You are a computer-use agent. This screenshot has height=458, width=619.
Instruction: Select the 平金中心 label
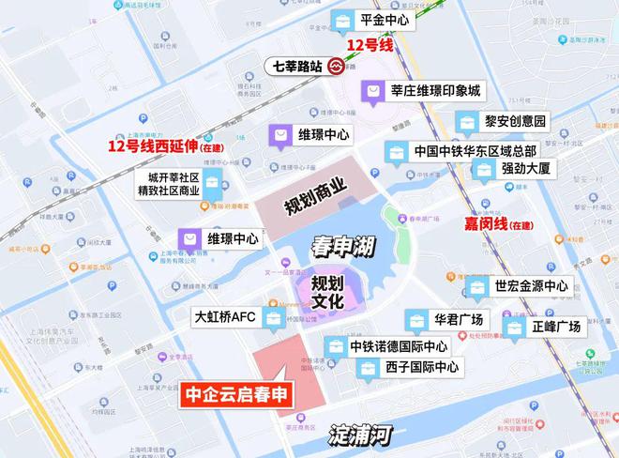385,19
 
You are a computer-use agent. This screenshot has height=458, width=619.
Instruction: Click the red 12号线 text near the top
369,44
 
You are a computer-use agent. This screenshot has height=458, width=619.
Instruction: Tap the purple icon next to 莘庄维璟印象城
373,91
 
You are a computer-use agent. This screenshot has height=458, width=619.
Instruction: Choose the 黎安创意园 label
515,121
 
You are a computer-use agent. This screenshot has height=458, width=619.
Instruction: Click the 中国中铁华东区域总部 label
475,151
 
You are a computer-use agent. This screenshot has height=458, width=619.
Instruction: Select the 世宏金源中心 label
531,286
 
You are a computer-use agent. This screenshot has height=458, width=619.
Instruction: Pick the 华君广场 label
457,319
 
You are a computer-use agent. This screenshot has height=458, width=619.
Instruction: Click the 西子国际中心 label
421,368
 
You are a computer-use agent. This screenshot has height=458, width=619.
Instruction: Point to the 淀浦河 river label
360,435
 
